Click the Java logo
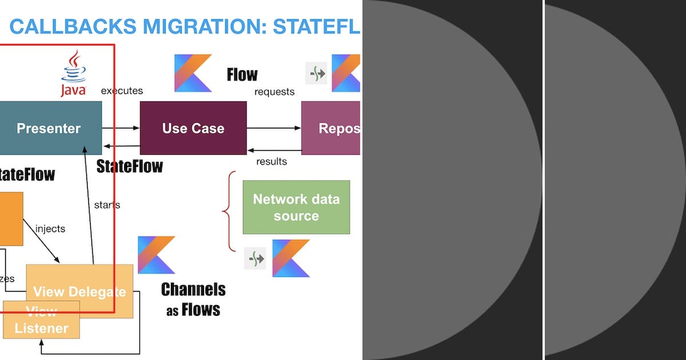coord(74,73)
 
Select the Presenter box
coord(49,128)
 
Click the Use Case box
coord(193,128)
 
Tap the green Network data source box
coord(296,207)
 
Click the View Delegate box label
coord(79,291)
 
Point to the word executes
coord(122,91)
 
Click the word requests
coord(274,91)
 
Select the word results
coord(272,162)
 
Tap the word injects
coord(50,229)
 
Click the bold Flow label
coord(242,75)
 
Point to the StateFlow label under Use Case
coord(130,166)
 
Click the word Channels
coord(193,290)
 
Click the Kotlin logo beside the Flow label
coord(193,73)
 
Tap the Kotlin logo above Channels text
coord(156,255)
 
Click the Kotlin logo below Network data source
coord(290,258)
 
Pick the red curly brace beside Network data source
coord(229,211)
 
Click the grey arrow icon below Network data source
coord(255,259)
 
